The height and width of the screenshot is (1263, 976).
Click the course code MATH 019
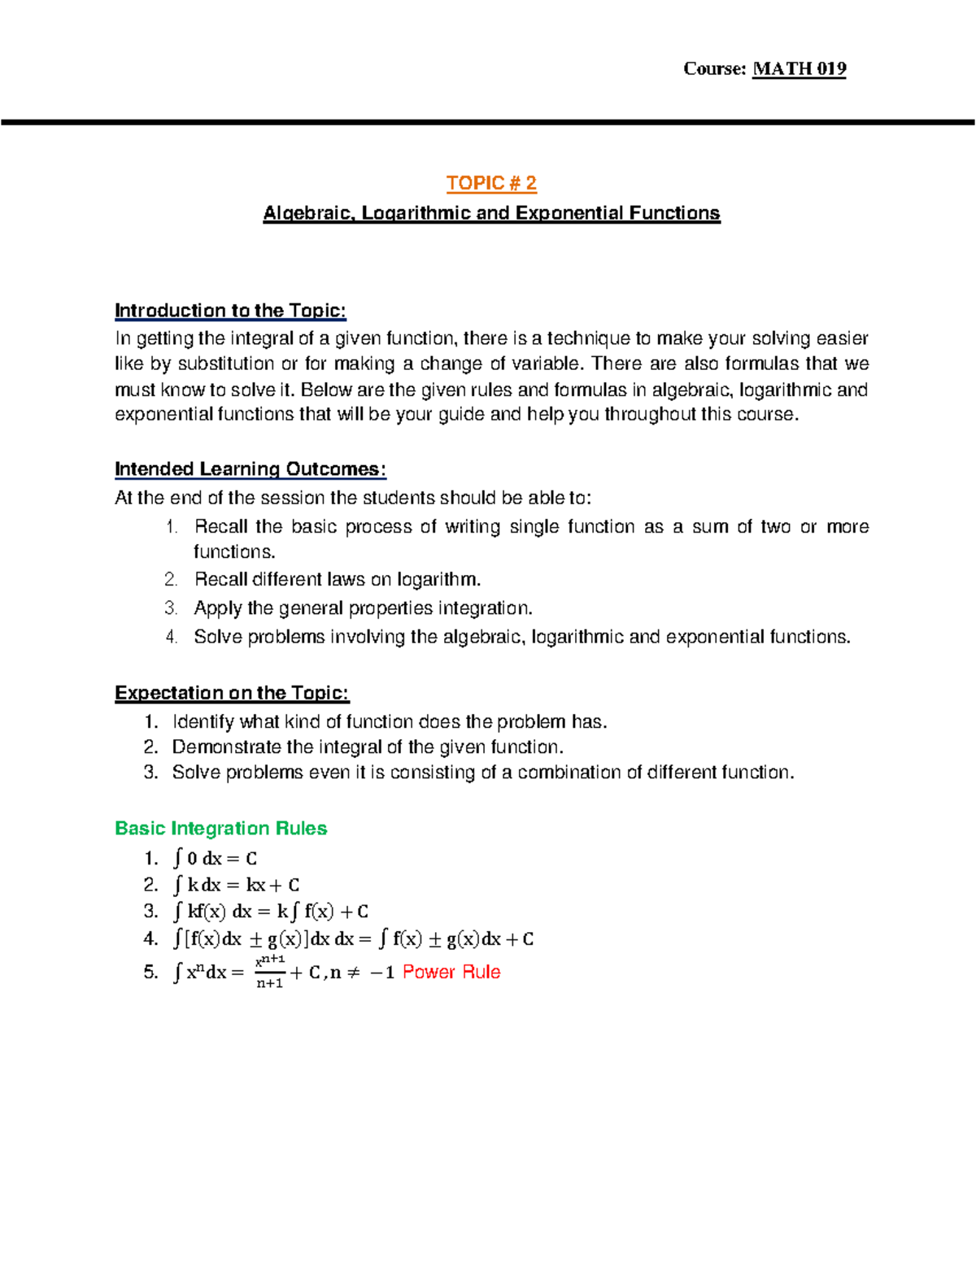click(799, 68)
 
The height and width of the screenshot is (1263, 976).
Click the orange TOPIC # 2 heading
click(491, 183)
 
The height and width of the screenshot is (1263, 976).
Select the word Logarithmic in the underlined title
click(415, 213)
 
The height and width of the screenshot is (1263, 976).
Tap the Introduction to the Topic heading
click(230, 311)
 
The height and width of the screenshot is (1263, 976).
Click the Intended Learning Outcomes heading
click(250, 469)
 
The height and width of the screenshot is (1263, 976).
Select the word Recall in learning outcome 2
click(220, 579)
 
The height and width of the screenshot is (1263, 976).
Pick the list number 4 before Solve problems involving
click(171, 637)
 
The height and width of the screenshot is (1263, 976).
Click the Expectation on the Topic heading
click(232, 693)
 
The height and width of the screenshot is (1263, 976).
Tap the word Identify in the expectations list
click(203, 721)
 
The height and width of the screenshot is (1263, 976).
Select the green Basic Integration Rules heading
click(220, 828)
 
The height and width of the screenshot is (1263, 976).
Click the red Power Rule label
click(451, 972)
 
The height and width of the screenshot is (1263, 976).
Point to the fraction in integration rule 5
click(270, 972)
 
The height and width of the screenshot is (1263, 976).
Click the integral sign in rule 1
click(178, 858)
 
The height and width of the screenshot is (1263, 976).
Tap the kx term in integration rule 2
click(255, 885)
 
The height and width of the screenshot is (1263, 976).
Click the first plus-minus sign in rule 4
click(255, 939)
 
